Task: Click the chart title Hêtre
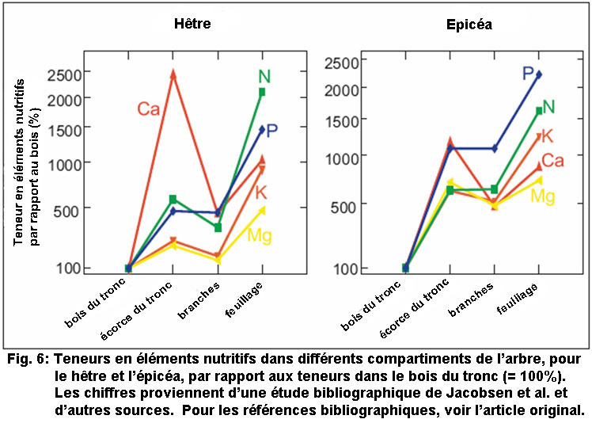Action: (192, 23)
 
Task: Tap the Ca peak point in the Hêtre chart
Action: (173, 74)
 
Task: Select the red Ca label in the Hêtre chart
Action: (149, 109)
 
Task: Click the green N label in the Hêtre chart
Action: (264, 77)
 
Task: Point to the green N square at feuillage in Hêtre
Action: (261, 92)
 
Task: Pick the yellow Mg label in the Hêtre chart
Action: (260, 235)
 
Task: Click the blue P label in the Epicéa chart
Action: (527, 74)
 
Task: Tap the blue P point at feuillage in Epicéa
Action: (538, 74)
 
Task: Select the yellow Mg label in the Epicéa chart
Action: (543, 196)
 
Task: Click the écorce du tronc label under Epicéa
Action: (424, 311)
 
